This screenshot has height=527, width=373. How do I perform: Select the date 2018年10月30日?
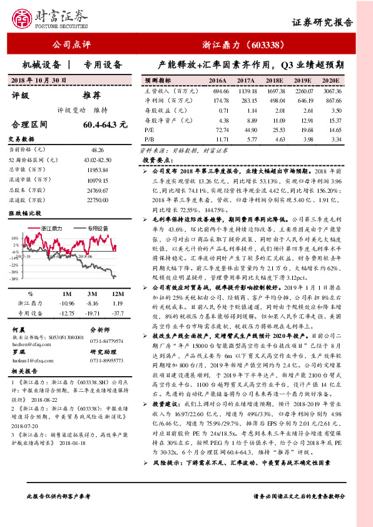tap(39, 81)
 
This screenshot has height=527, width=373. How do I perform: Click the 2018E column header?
tap(273, 81)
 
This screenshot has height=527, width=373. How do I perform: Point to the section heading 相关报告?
tap(26, 371)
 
